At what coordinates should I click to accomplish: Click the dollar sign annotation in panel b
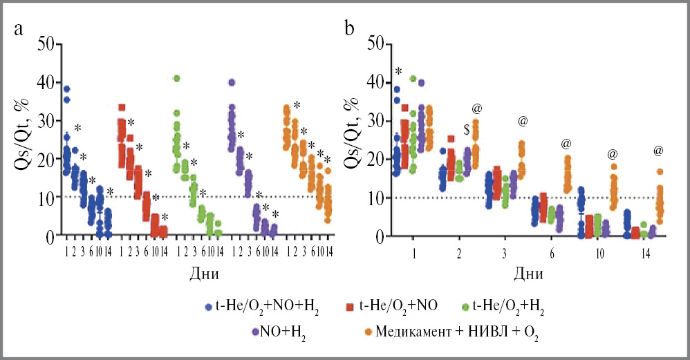(467, 129)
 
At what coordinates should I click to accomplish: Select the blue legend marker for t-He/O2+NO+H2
(208, 305)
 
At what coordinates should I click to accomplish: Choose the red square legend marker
(348, 305)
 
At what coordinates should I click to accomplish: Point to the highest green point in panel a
(176, 78)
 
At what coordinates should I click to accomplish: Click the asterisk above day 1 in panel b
(398, 72)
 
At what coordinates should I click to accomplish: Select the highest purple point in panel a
(231, 82)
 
